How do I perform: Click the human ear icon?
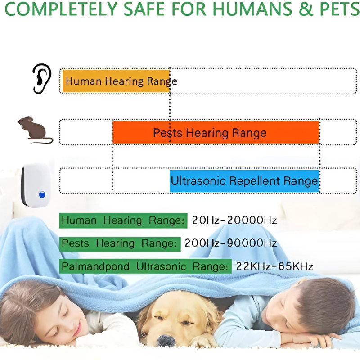pos(42,78)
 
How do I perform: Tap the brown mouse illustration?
pos(34,130)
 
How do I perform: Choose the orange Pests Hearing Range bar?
pos(216,133)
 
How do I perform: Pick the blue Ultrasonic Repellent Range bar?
pos(244,181)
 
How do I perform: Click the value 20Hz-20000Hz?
pos(234,220)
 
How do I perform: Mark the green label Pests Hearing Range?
pos(119,243)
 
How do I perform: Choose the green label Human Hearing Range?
pos(123,220)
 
